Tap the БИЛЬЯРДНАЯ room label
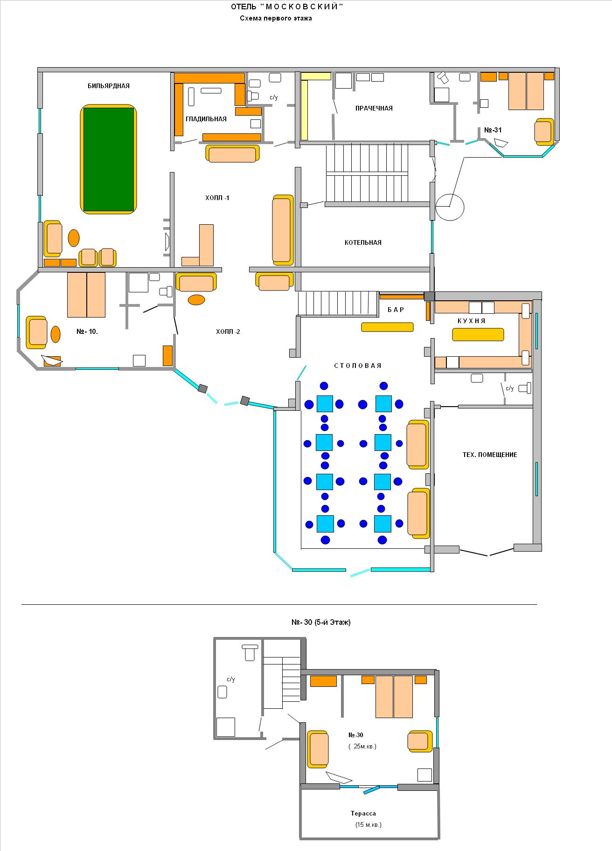pyautogui.click(x=109, y=86)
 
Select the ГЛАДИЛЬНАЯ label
pyautogui.click(x=206, y=119)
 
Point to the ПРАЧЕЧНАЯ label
pyautogui.click(x=374, y=108)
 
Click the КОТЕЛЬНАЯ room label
pyautogui.click(x=363, y=242)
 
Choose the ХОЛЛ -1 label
pyautogui.click(x=217, y=198)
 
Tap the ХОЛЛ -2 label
pyautogui.click(x=228, y=332)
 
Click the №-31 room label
pyautogui.click(x=493, y=130)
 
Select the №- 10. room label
pyautogui.click(x=87, y=332)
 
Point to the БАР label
pyautogui.click(x=396, y=310)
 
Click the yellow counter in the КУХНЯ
pyautogui.click(x=478, y=335)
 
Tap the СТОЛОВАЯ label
pyautogui.click(x=358, y=366)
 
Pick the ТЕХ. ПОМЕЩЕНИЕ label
pyautogui.click(x=490, y=455)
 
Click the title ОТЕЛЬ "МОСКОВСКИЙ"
pyautogui.click(x=287, y=7)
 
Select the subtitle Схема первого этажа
pyautogui.click(x=276, y=19)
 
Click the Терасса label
pyautogui.click(x=363, y=813)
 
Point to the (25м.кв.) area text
pyautogui.click(x=362, y=746)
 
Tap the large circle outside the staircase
pyautogui.click(x=450, y=207)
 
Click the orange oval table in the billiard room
pyautogui.click(x=74, y=238)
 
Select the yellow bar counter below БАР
pyautogui.click(x=387, y=327)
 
